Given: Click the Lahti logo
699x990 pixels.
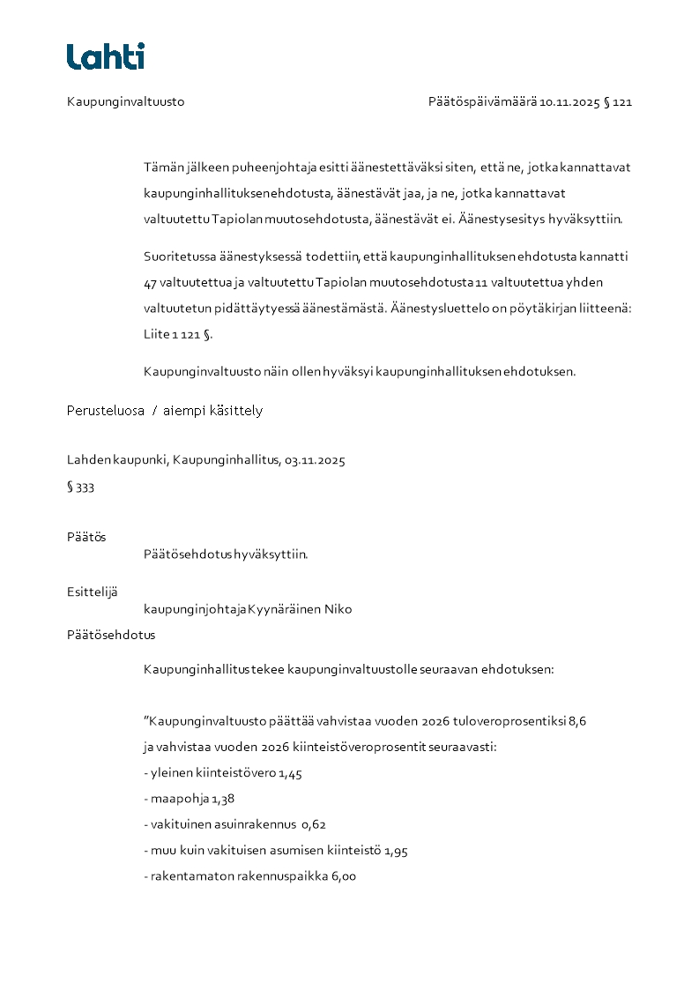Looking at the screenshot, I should click(x=106, y=56).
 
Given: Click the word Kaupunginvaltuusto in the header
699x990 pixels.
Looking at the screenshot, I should click(x=125, y=102).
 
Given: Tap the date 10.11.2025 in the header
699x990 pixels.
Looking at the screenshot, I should click(x=569, y=102).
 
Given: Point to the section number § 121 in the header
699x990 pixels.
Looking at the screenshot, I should click(x=618, y=102).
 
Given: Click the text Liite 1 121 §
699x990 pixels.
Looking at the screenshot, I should click(x=178, y=335).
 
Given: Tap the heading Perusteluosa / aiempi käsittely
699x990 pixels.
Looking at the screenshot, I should click(x=165, y=411).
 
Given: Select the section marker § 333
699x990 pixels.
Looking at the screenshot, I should click(x=80, y=488).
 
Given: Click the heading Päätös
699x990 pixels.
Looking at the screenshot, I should click(x=86, y=537).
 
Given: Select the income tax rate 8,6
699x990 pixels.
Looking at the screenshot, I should click(x=577, y=721).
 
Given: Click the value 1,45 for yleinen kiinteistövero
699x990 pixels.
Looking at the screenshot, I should click(x=291, y=774).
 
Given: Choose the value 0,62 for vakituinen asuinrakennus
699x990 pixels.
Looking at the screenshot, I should click(x=315, y=825).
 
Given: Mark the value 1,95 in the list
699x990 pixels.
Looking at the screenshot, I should click(x=396, y=852).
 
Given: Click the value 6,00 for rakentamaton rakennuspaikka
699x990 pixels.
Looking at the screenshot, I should click(x=343, y=877).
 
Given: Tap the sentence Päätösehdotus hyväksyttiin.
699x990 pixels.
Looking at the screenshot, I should click(x=226, y=555).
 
